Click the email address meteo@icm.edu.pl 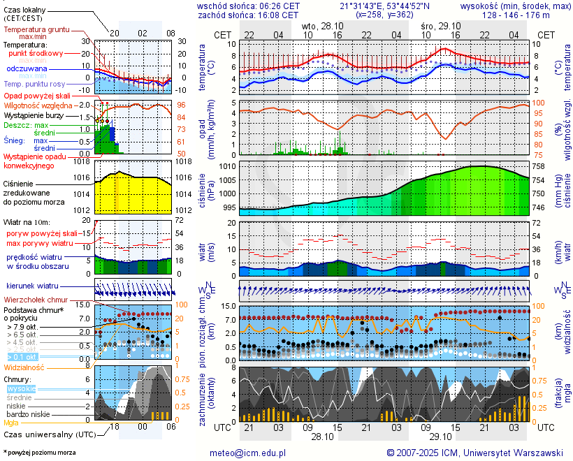point(248,453)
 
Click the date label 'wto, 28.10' point(322,25)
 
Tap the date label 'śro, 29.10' point(441,25)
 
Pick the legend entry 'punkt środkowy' point(36,53)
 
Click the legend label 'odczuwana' point(27,69)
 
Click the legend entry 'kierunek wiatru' point(32,286)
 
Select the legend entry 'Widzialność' point(24,366)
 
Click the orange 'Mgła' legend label point(11,423)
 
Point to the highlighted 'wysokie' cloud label point(21,388)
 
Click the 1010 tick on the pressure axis point(228,167)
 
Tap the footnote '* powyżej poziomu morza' point(39,453)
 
